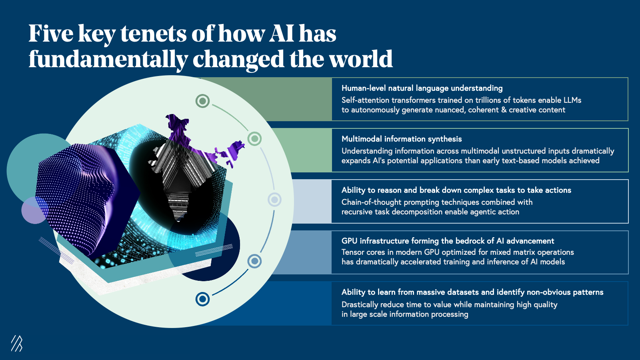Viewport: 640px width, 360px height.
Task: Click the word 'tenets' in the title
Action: pos(154,34)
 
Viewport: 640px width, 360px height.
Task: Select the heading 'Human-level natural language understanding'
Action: pos(422,88)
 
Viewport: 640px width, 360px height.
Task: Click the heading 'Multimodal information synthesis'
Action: pos(402,139)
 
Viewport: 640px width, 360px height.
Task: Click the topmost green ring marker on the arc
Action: pos(202,101)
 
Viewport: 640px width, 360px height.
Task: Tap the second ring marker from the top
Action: pos(254,139)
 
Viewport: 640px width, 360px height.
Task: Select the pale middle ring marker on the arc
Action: pos(274,200)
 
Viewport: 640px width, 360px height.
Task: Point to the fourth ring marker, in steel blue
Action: pos(254,261)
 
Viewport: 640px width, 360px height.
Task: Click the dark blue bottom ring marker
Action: pos(202,299)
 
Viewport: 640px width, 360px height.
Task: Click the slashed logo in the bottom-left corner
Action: pos(16,343)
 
